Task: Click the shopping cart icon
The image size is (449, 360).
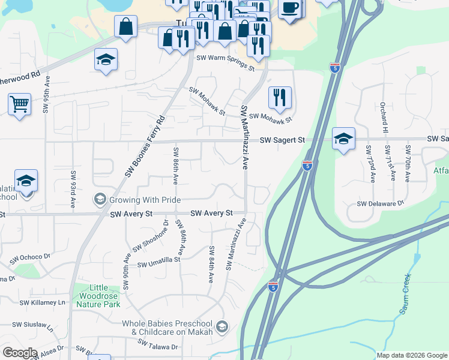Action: click(20, 104)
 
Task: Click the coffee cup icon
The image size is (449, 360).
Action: click(291, 8)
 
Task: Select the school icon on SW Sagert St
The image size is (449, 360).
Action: click(343, 138)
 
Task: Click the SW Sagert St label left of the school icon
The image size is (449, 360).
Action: click(282, 140)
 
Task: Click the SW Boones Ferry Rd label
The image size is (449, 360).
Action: click(145, 146)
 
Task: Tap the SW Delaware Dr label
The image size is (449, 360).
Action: click(381, 204)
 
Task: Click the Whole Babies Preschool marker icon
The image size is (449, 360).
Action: click(222, 327)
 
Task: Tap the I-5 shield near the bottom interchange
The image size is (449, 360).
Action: click(273, 287)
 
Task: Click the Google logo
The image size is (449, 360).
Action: click(20, 353)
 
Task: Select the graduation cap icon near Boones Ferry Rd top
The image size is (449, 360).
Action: click(106, 59)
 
